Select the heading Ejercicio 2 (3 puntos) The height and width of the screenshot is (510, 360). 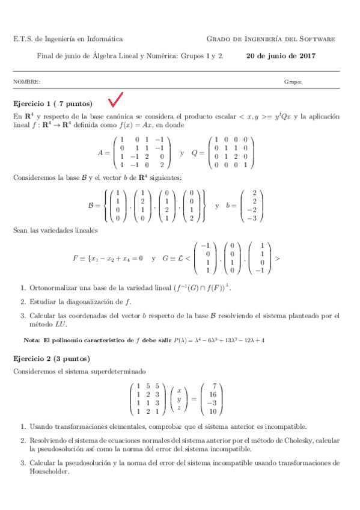[x=52, y=358]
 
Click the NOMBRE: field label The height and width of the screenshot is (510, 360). [x=26, y=81]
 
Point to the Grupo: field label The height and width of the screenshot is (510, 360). [x=293, y=81]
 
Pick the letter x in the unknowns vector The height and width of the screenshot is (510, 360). [x=178, y=390]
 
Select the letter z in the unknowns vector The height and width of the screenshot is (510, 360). [x=178, y=407]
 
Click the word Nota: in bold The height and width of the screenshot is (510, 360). [x=31, y=340]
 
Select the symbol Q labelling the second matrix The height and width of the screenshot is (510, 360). [x=194, y=153]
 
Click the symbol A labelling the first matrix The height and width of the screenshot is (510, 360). [x=100, y=153]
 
